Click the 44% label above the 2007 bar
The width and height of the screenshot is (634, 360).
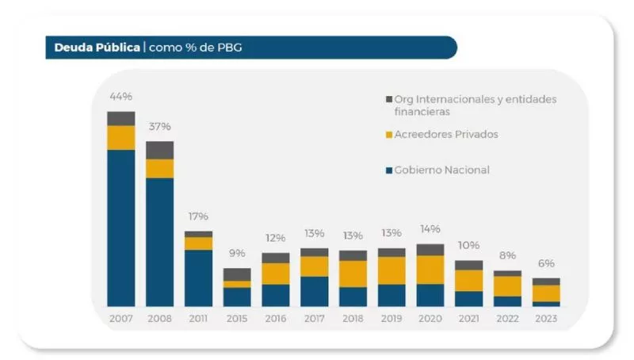[120, 97]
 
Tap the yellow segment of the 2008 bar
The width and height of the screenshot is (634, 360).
[159, 168]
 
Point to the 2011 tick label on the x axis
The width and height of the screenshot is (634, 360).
[198, 318]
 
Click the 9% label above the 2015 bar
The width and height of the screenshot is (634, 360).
[237, 254]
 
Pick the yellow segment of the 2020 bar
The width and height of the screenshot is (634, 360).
[430, 270]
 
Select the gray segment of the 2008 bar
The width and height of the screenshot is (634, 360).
[159, 150]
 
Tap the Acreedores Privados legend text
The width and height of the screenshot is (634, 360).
[446, 135]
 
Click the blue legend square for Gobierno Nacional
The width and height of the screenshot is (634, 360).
[388, 170]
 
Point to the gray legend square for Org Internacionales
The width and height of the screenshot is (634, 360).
[388, 99]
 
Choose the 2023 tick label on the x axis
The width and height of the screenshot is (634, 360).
[546, 318]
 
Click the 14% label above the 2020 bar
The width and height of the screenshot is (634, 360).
[430, 229]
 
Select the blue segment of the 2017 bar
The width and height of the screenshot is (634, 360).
[314, 291]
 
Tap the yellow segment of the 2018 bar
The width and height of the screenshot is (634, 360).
[353, 274]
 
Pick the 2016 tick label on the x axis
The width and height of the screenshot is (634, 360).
[275, 318]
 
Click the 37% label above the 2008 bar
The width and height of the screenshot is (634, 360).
[159, 127]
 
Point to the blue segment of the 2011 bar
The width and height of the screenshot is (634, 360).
[198, 278]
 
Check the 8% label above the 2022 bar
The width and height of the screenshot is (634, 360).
[507, 256]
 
